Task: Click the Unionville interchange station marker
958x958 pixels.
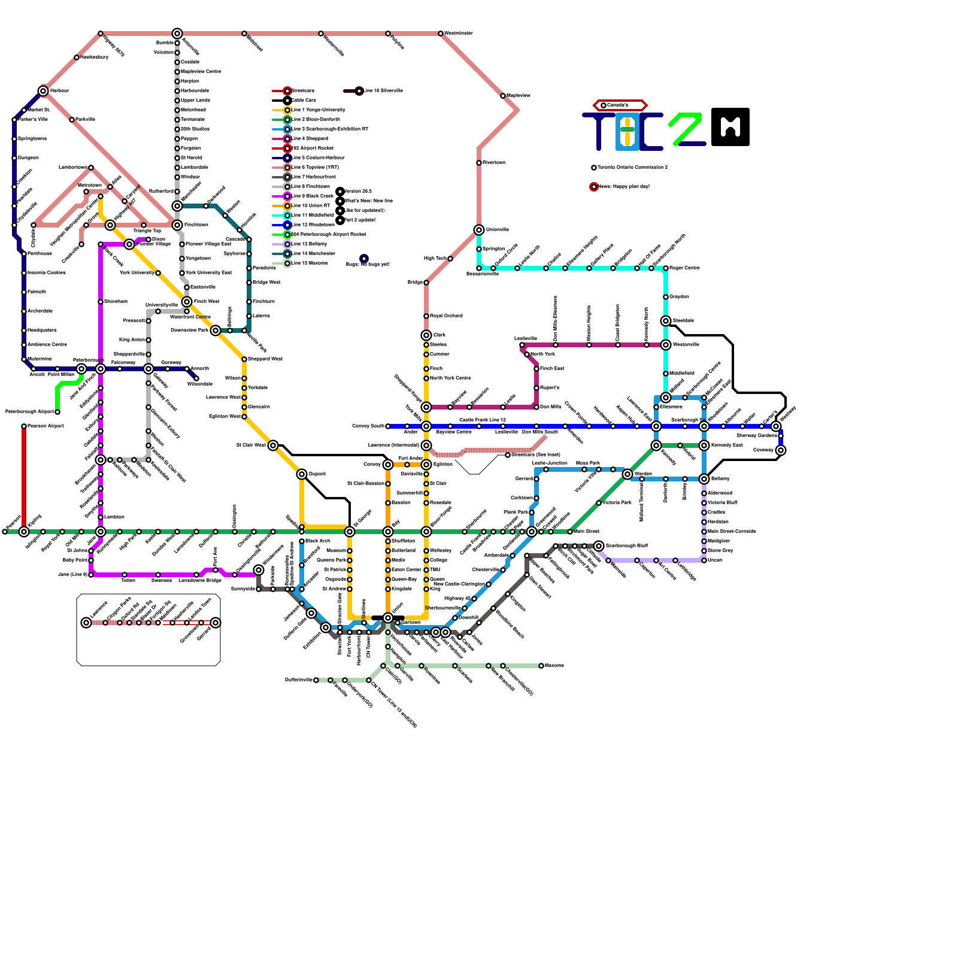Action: (479, 230)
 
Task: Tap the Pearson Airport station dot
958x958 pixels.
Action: (24, 426)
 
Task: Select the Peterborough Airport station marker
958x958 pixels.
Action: (57, 412)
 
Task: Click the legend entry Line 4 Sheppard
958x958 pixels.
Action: (310, 139)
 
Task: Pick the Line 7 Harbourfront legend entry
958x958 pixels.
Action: (314, 177)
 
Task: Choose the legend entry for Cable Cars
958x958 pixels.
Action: (304, 101)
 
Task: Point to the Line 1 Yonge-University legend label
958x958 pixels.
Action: (318, 110)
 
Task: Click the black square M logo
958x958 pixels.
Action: (730, 127)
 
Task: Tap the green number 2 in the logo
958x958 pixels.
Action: (686, 128)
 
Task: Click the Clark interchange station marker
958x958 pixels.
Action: (426, 335)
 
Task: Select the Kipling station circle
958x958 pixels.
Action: (24, 532)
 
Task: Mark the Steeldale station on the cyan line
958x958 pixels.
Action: (666, 321)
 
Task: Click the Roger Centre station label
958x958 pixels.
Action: (684, 268)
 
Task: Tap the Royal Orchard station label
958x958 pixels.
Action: (446, 316)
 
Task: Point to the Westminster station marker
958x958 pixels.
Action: (441, 34)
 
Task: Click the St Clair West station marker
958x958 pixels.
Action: (273, 445)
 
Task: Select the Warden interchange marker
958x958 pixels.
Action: (627, 474)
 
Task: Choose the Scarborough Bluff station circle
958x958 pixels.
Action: (599, 546)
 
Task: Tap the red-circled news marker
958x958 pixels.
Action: (594, 187)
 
